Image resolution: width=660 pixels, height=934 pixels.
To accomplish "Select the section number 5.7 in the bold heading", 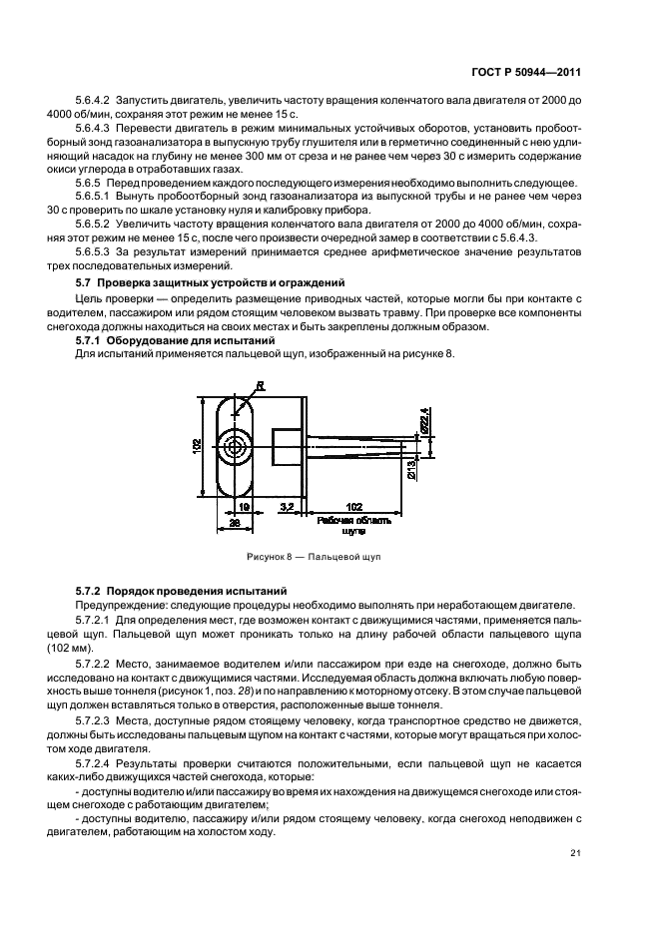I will pos(84,283).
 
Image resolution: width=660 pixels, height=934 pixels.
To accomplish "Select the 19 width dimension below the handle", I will pos(246,508).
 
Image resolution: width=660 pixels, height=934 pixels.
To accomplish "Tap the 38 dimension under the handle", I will pos(235,522).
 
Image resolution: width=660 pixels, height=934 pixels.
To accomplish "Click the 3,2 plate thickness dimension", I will pos(287,508).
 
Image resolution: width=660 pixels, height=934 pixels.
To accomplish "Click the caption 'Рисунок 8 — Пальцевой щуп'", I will pos(313,556).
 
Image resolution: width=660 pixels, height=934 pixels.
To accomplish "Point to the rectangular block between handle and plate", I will pos(285,443).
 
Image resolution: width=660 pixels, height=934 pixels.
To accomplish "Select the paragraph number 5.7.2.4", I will pos(95,763).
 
